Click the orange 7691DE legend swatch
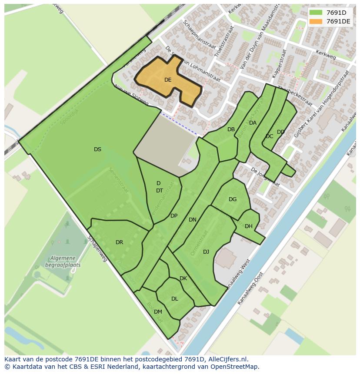click(x=316, y=21)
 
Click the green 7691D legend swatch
click(x=316, y=12)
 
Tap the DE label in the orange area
click(x=168, y=80)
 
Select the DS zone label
click(x=97, y=149)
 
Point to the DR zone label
click(x=120, y=242)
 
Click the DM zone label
click(x=158, y=312)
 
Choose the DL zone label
click(x=174, y=299)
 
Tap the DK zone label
click(x=183, y=278)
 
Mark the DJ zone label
click(x=206, y=252)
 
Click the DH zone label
click(x=249, y=226)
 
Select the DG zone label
click(x=233, y=199)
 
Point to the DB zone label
click(x=231, y=129)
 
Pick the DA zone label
click(x=253, y=123)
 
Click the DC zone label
click(x=269, y=136)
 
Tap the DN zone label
click(x=193, y=220)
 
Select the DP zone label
click(x=174, y=216)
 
